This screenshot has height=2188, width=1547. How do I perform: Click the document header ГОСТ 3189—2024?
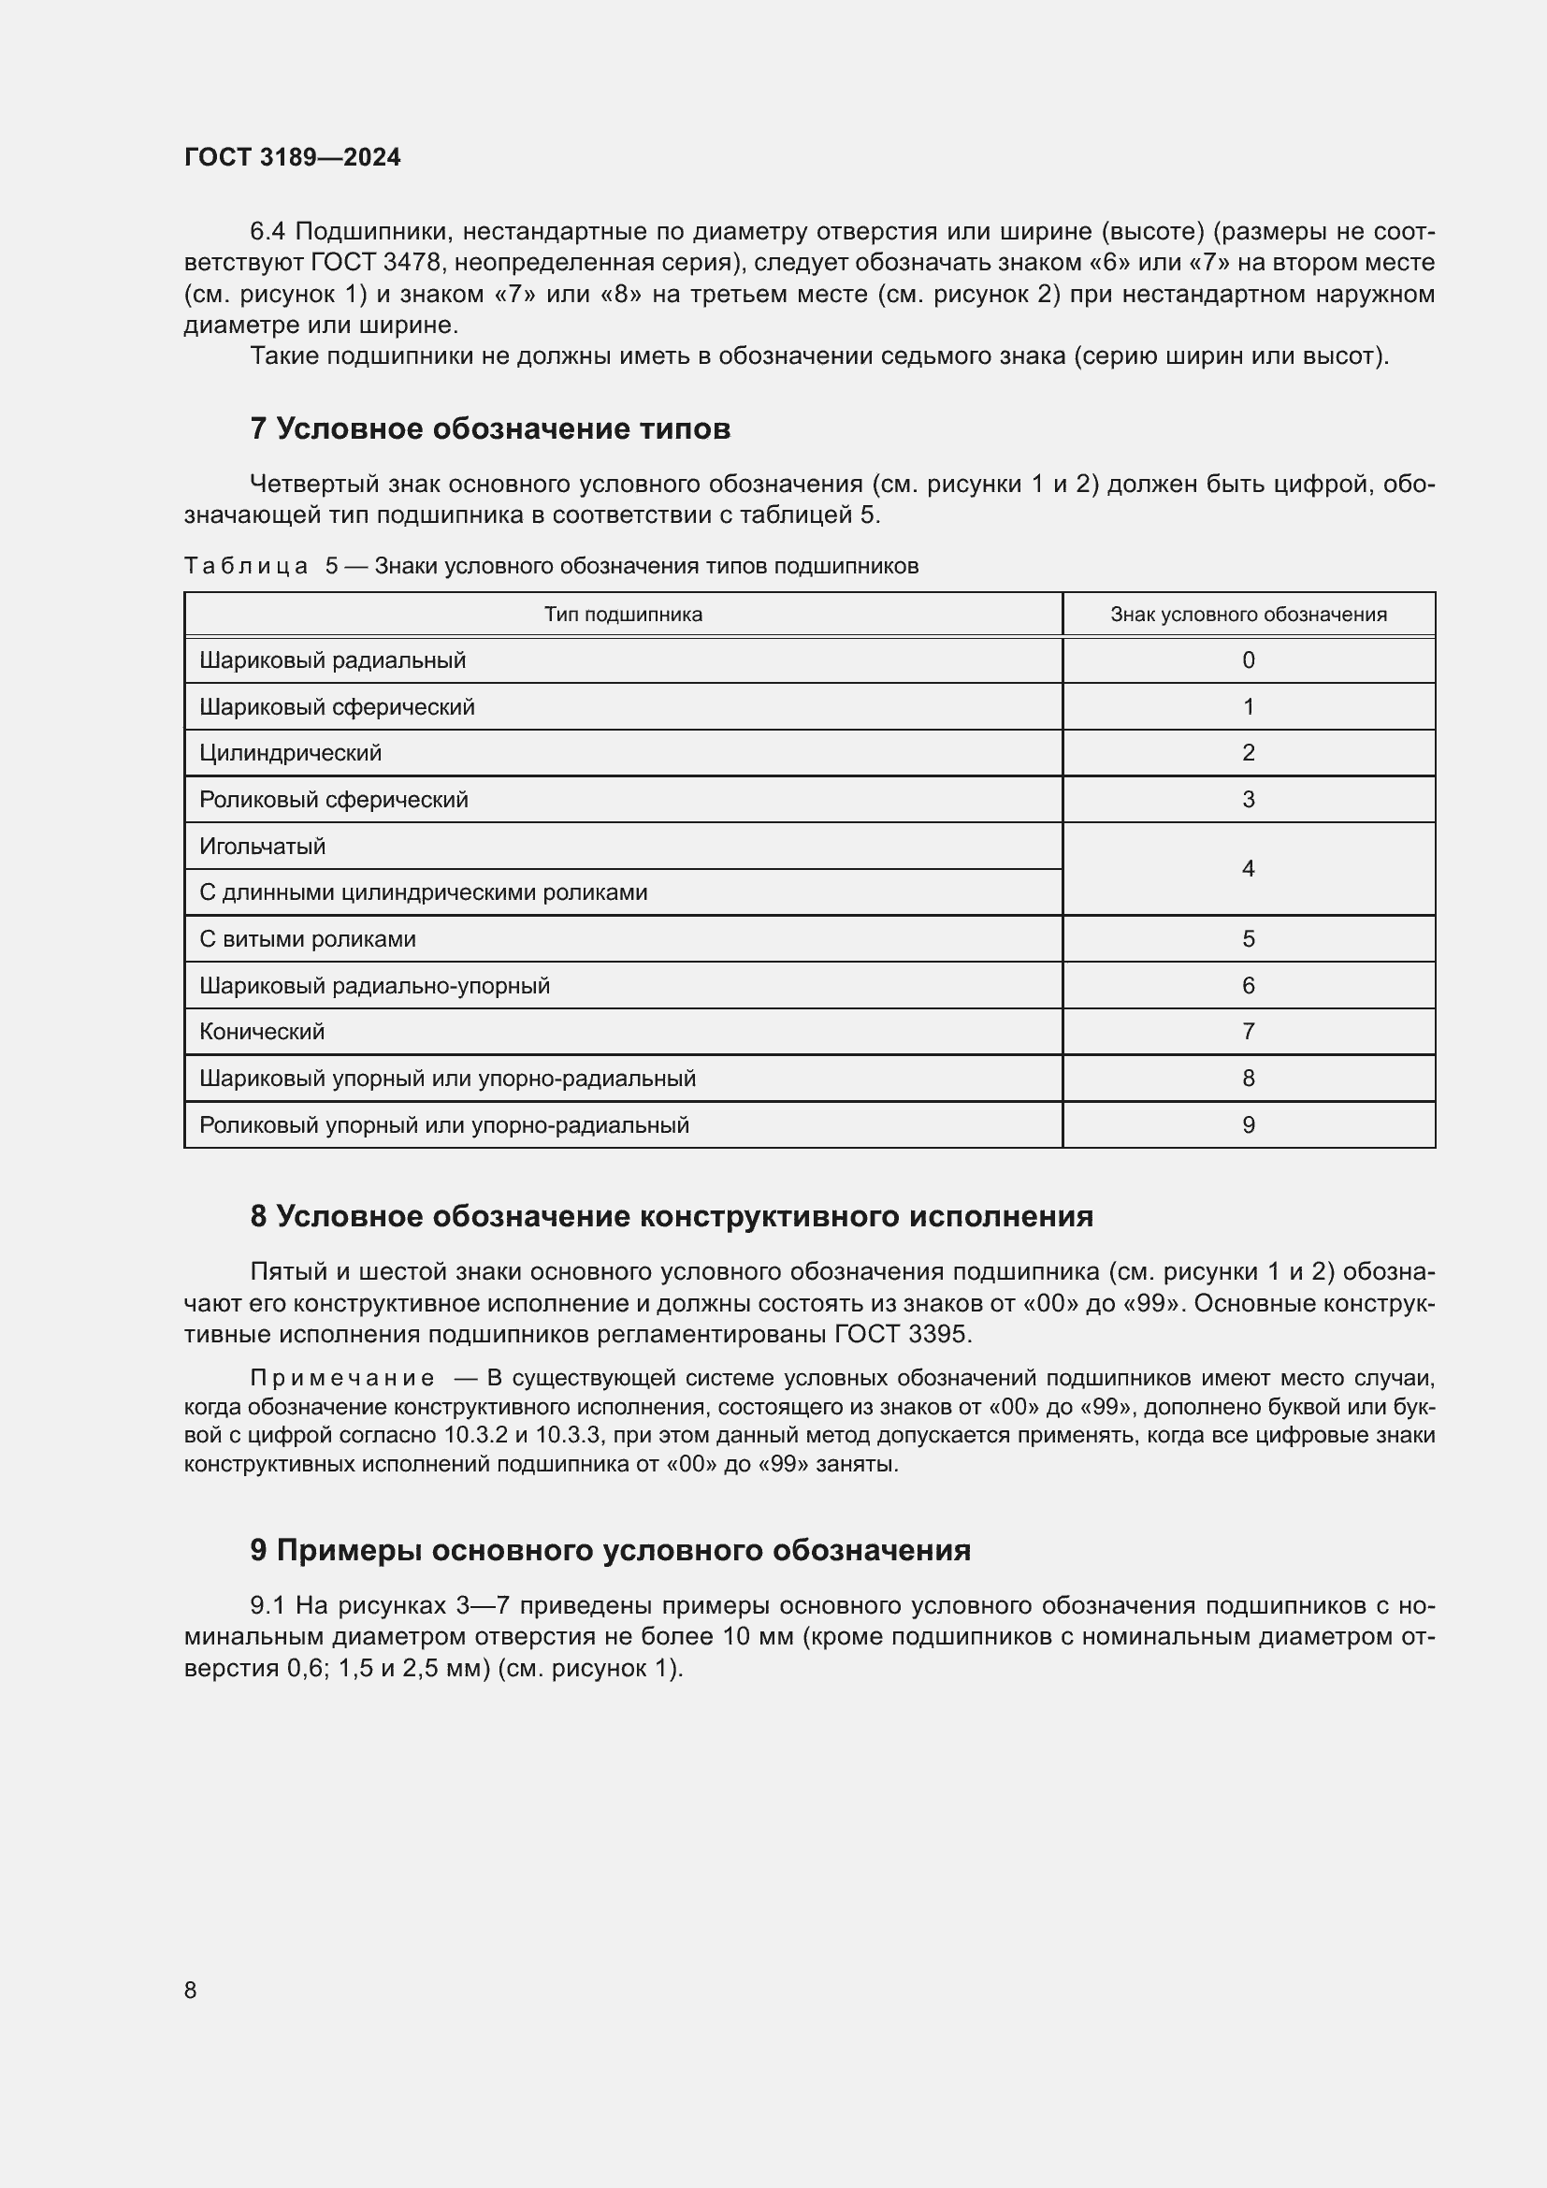point(293,157)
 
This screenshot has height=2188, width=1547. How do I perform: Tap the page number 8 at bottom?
point(191,1989)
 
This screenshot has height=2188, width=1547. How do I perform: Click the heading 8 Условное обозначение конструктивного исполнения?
point(672,1216)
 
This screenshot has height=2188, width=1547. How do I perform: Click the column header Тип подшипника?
point(623,615)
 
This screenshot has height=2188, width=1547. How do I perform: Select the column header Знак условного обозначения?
point(1248,615)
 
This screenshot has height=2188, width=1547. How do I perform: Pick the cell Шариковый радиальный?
point(332,660)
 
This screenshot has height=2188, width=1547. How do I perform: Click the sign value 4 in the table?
point(1248,868)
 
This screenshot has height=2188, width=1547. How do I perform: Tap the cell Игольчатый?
point(262,847)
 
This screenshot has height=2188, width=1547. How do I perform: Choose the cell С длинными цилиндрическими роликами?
point(423,893)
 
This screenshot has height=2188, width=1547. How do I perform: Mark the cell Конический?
point(262,1031)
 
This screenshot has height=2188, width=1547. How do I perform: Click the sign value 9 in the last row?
point(1248,1125)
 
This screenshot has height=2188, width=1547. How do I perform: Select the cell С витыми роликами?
point(308,939)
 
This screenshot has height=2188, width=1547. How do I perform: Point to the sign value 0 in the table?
point(1248,660)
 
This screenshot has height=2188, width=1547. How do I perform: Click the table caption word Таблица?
point(246,566)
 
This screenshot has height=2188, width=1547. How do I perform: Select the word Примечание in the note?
point(342,1378)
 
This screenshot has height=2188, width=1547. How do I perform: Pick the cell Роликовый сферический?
point(333,800)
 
